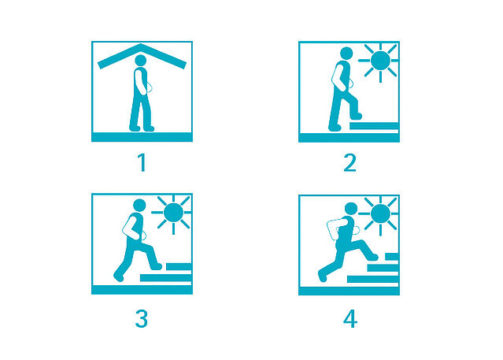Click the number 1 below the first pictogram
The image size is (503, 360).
[142, 162]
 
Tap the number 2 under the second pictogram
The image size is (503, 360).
[350, 163]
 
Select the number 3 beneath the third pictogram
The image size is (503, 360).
[142, 318]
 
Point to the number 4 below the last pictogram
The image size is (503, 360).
[350, 319]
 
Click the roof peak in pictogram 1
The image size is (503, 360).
[141, 45]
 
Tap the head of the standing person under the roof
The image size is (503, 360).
[140, 61]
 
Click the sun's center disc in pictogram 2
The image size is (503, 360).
[380, 61]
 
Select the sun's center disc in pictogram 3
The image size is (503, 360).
[173, 213]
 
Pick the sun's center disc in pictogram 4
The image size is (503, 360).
[380, 213]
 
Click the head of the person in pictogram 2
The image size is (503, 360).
[346, 54]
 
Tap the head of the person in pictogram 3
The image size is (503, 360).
[139, 206]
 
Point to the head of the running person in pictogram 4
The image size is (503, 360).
[351, 209]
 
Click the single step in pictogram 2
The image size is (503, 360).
[374, 126]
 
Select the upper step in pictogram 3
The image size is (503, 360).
[179, 267]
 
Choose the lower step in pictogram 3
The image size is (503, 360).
[166, 278]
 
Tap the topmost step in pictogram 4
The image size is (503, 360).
[392, 257]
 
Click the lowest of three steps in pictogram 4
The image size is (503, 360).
[373, 280]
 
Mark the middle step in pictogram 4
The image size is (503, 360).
[383, 268]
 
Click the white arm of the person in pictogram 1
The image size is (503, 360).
[140, 82]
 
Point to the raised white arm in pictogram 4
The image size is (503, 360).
[333, 228]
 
